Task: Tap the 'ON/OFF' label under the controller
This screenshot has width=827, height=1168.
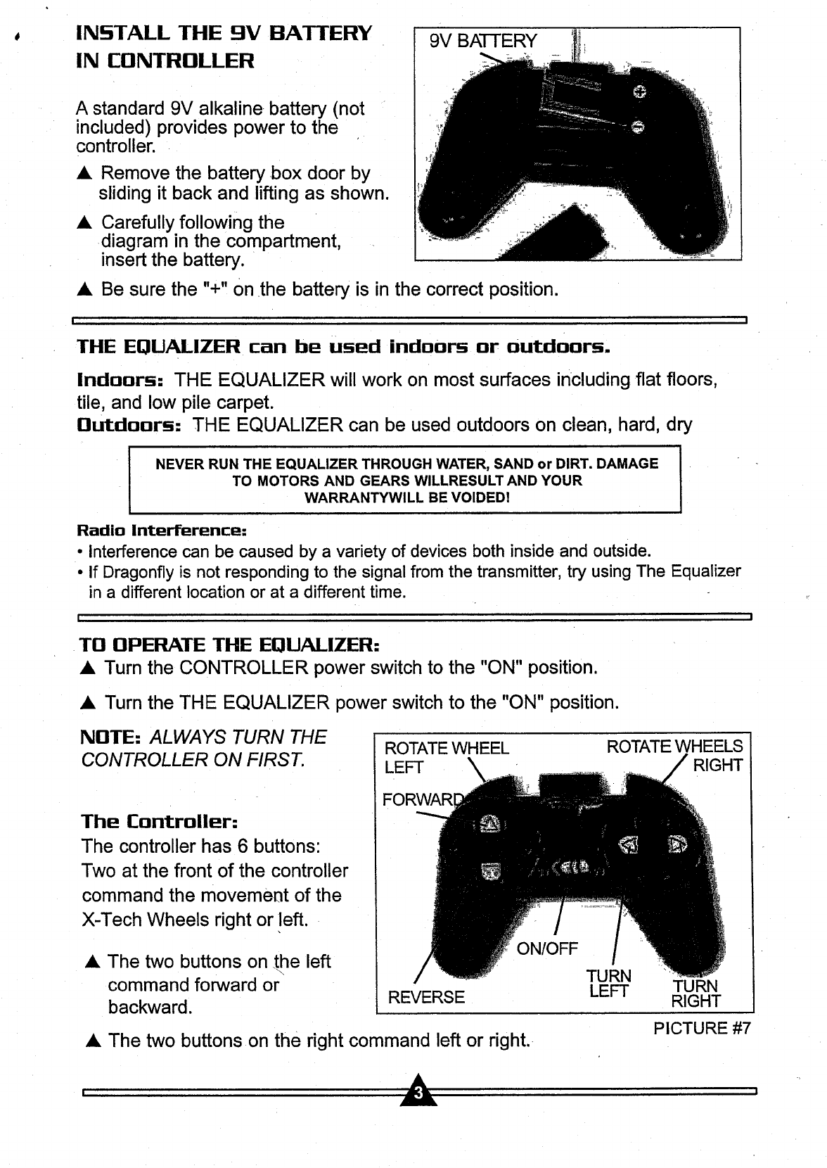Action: click(x=547, y=948)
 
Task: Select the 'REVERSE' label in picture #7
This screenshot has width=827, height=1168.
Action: click(x=426, y=997)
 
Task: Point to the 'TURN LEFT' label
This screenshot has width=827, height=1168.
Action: click(x=609, y=984)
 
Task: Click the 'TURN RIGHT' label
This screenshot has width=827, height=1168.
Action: click(x=695, y=994)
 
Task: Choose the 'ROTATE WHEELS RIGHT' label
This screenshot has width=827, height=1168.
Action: click(x=674, y=755)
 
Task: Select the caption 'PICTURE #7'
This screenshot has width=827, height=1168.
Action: click(x=701, y=1028)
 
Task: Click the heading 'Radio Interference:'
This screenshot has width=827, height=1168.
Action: click(x=161, y=529)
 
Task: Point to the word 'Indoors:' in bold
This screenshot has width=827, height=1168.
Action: click(x=120, y=381)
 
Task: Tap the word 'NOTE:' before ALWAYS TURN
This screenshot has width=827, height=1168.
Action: click(x=113, y=737)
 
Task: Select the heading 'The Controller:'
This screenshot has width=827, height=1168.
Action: click(x=160, y=821)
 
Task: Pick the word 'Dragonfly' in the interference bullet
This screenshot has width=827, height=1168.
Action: click(x=132, y=571)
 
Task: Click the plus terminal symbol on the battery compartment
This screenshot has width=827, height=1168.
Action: click(x=639, y=91)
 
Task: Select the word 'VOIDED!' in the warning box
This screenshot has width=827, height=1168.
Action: click(x=482, y=497)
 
